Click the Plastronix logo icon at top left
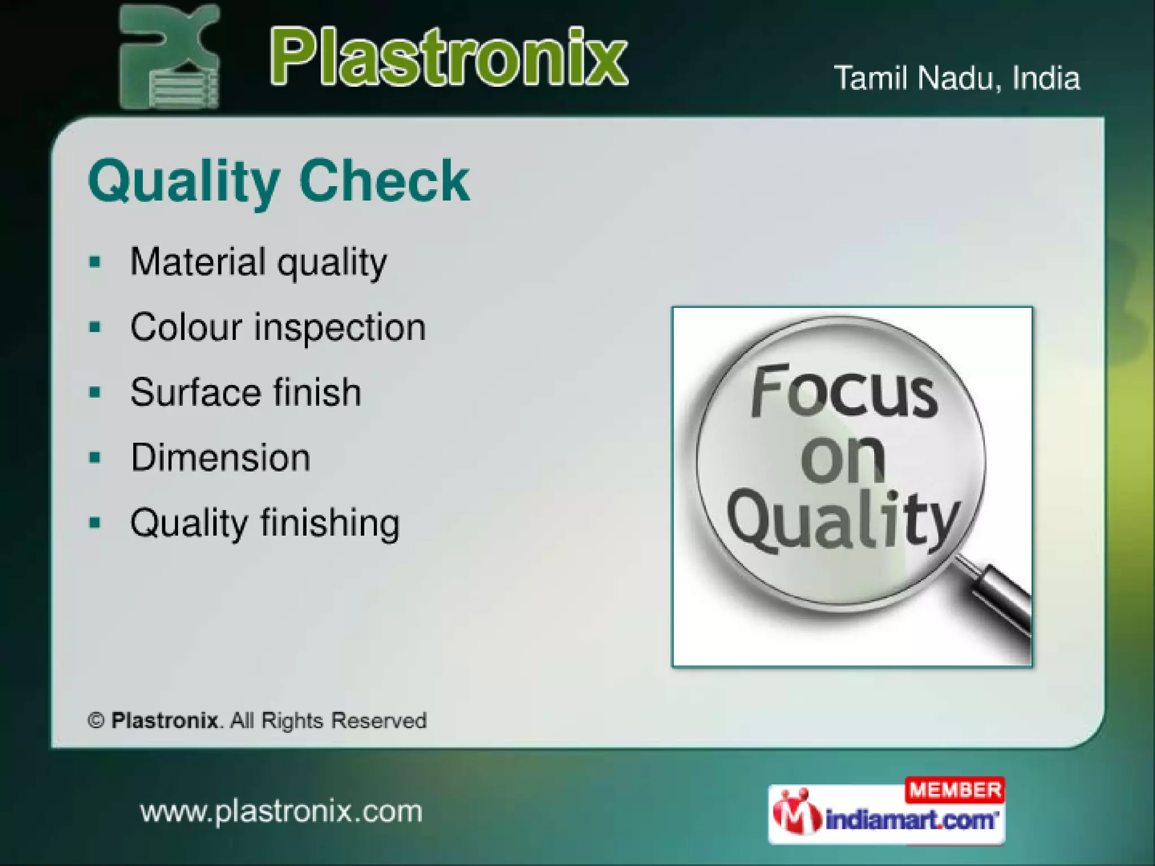[169, 56]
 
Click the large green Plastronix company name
[448, 58]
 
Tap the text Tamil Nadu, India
[956, 78]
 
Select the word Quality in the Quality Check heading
[184, 182]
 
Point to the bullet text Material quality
[258, 263]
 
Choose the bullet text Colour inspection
[277, 328]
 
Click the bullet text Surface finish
[245, 392]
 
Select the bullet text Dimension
[221, 457]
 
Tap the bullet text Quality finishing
[264, 523]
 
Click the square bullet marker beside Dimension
[95, 457]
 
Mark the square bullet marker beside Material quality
[95, 262]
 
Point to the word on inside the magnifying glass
[842, 459]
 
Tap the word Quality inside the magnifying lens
[843, 522]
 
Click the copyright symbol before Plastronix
[96, 721]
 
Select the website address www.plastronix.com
[281, 812]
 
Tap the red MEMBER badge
[955, 790]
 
